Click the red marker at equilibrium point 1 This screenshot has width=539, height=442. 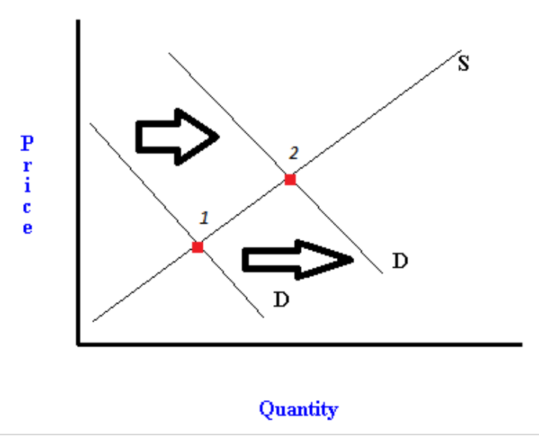pos(198,247)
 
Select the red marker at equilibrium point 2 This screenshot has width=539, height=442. pos(290,179)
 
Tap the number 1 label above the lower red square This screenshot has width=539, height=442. pos(204,218)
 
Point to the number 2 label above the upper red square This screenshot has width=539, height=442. pos(293,153)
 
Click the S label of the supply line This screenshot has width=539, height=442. pos(463,64)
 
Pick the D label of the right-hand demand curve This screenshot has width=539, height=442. pos(400,262)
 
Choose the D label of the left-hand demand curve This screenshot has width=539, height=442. pos(281,301)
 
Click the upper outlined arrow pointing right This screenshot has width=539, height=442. pos(177,135)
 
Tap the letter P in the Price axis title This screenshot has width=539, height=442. pos(27,141)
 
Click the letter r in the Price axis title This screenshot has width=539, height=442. pos(27,165)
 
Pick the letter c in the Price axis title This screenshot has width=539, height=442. pos(27,207)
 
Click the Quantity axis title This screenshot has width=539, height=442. pos(298,409)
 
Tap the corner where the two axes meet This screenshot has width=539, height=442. pos(78,344)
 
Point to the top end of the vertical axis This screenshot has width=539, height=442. pos(78,22)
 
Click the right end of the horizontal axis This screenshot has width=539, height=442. pos(520,345)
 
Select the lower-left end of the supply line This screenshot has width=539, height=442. pos(93,321)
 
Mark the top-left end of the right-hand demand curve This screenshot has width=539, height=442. pos(169,54)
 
